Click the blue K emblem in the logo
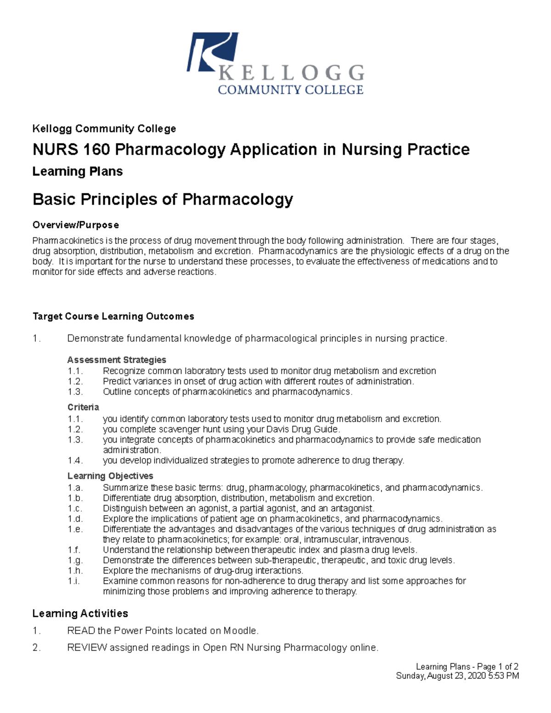212,51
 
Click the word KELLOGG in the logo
291,73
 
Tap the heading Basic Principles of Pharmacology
163,199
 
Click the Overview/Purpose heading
76,225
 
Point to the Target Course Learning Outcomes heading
113,316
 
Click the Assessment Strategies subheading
117,360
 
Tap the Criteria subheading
83,407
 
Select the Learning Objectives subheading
110,476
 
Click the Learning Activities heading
80,613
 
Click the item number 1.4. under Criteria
75,460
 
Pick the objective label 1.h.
75,571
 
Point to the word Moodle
240,631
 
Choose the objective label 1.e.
75,529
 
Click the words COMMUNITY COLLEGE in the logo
290,90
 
